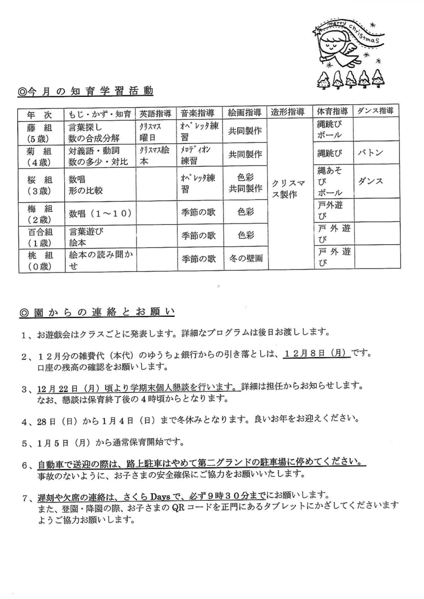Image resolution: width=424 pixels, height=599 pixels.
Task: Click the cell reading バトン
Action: pyautogui.click(x=371, y=153)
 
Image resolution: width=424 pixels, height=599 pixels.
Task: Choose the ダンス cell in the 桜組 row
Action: pyautogui.click(x=371, y=181)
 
